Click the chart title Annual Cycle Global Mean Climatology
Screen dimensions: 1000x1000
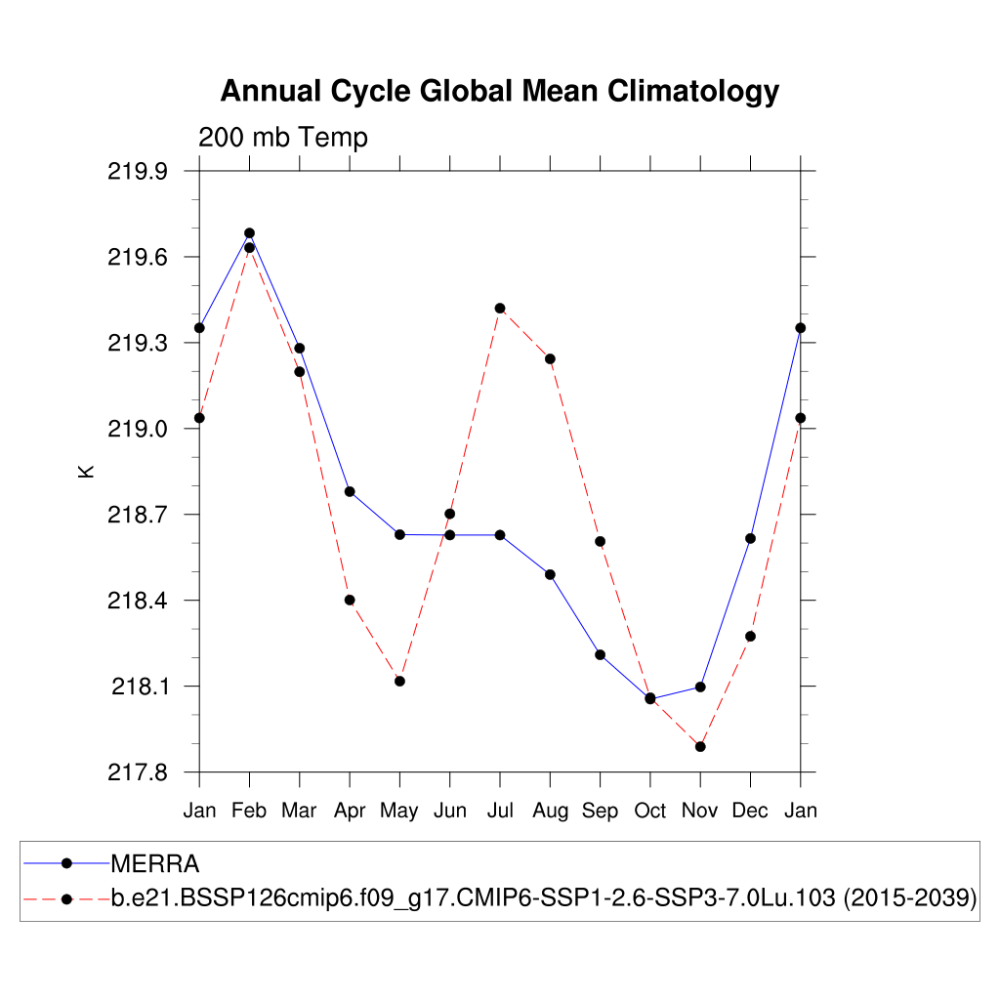tap(499, 91)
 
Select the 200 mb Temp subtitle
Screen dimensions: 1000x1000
tap(283, 138)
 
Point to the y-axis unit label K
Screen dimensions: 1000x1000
tap(86, 471)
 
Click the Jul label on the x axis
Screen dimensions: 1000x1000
tap(500, 811)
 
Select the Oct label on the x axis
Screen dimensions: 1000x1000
tap(650, 811)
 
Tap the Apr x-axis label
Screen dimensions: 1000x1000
tap(350, 811)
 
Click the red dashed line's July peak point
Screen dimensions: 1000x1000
tap(500, 309)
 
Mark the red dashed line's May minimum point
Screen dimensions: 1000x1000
tap(399, 681)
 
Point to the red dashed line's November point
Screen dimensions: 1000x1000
tap(700, 747)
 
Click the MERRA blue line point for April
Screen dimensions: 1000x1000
tap(350, 491)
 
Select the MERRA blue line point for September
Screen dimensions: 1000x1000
tap(600, 654)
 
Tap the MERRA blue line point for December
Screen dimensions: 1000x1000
tap(750, 538)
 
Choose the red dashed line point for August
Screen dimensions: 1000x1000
tap(550, 359)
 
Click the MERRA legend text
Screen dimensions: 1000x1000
tap(155, 863)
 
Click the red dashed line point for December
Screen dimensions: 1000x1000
tap(750, 636)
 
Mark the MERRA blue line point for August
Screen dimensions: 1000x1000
tap(550, 574)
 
